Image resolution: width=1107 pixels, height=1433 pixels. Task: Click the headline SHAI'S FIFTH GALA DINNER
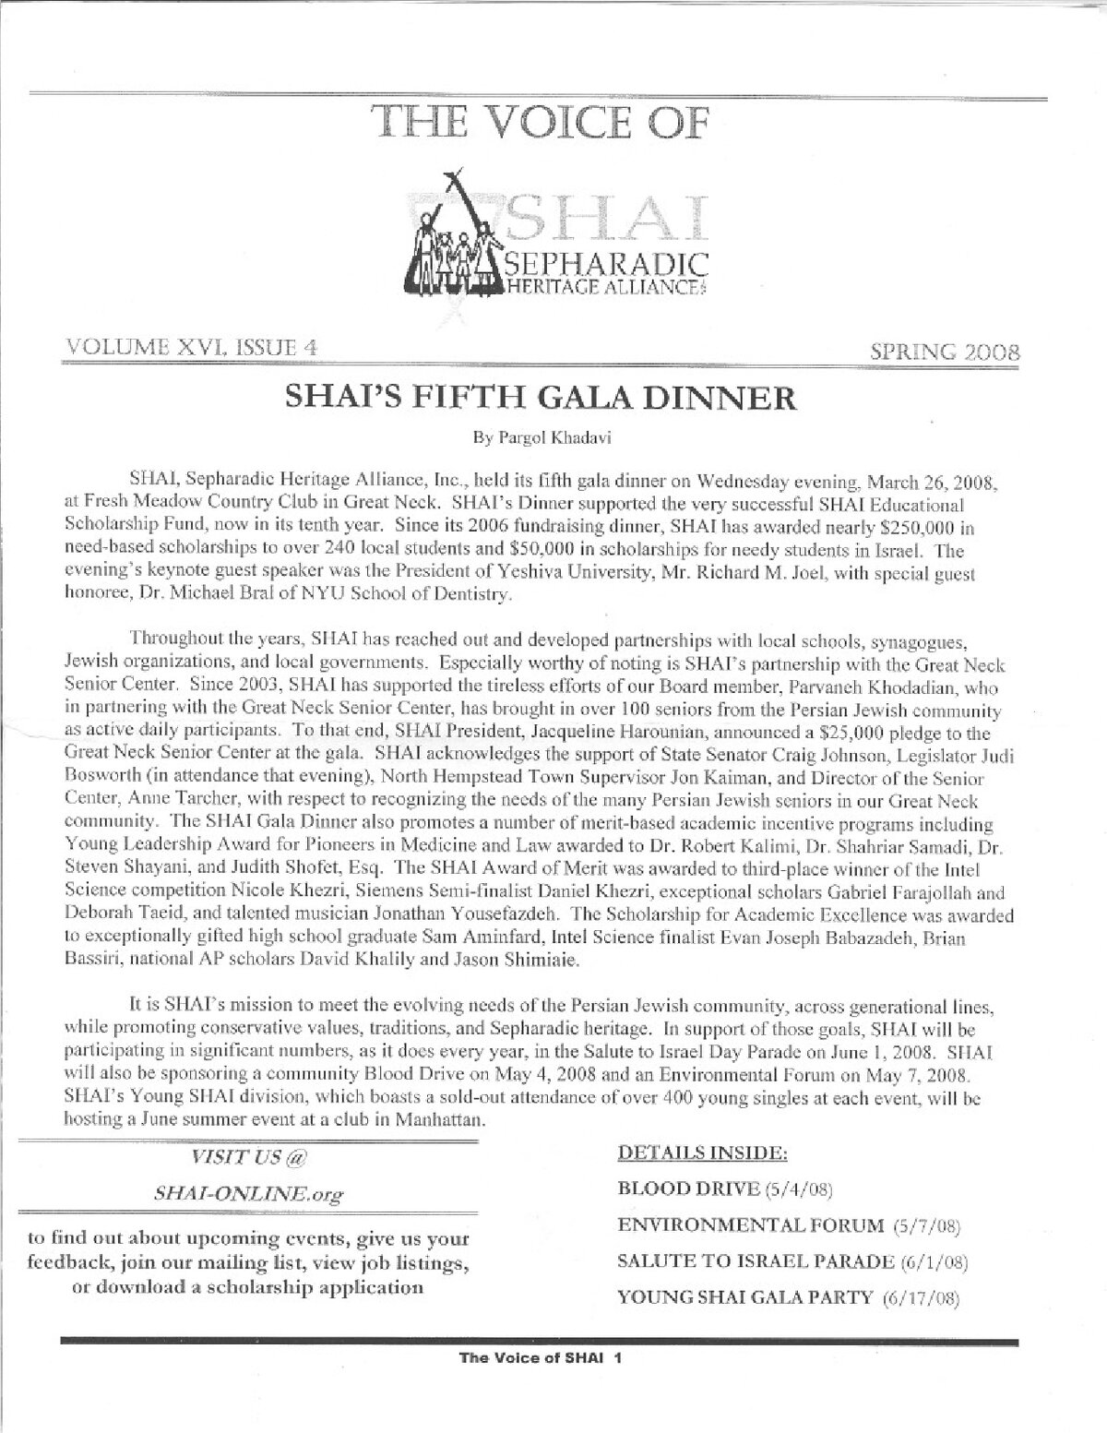coord(543,398)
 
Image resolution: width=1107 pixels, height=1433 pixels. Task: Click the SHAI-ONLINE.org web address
coord(248,1193)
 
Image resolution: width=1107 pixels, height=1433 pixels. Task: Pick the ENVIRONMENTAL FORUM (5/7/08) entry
coord(790,1226)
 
